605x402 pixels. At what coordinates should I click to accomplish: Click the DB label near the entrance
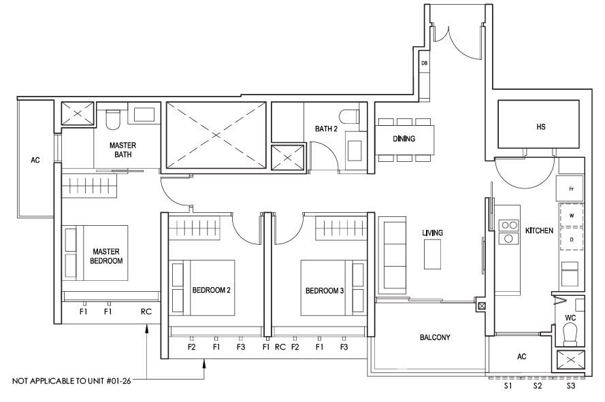tap(424, 63)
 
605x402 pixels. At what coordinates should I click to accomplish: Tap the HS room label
tap(540, 127)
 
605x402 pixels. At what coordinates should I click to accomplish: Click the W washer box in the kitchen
tap(572, 215)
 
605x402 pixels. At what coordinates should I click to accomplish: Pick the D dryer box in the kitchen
tap(572, 239)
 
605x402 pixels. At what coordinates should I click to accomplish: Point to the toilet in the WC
tap(570, 334)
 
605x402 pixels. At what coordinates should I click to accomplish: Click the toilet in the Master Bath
tap(113, 119)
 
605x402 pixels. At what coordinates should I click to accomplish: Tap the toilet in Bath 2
tap(349, 116)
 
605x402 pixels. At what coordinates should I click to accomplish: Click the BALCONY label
tap(435, 337)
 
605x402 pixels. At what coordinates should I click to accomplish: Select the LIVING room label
tap(432, 233)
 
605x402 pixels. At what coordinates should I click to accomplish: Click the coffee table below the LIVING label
tap(432, 254)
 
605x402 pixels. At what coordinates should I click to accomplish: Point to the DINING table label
tap(404, 139)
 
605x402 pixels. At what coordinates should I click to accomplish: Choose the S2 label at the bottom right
tap(538, 386)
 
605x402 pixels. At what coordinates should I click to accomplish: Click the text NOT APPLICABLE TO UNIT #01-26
tap(71, 381)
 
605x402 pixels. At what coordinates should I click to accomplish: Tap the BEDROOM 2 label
tap(212, 290)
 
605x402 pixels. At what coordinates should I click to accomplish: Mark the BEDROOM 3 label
tap(325, 290)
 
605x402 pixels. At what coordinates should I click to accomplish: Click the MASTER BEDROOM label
tap(106, 256)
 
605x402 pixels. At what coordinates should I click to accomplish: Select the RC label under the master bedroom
tap(146, 312)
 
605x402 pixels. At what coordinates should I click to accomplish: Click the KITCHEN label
tap(539, 231)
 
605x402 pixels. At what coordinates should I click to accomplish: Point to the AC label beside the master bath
tap(35, 160)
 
